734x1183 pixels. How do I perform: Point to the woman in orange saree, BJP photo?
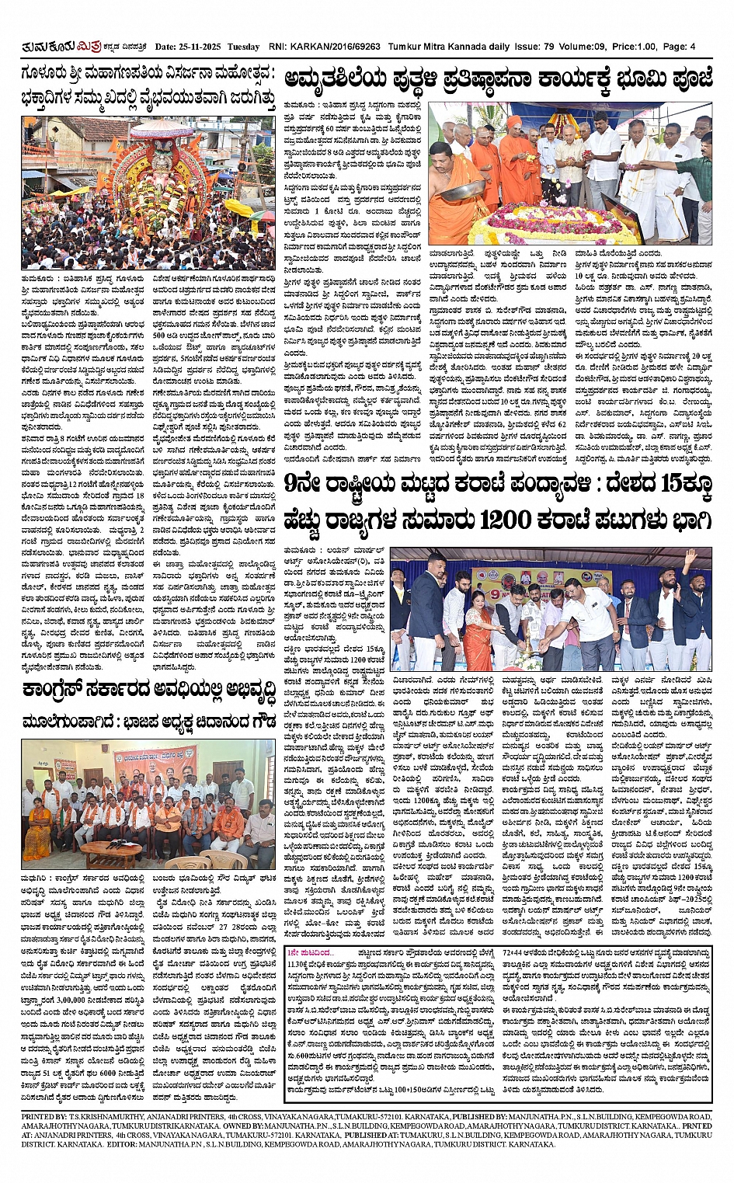37,823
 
